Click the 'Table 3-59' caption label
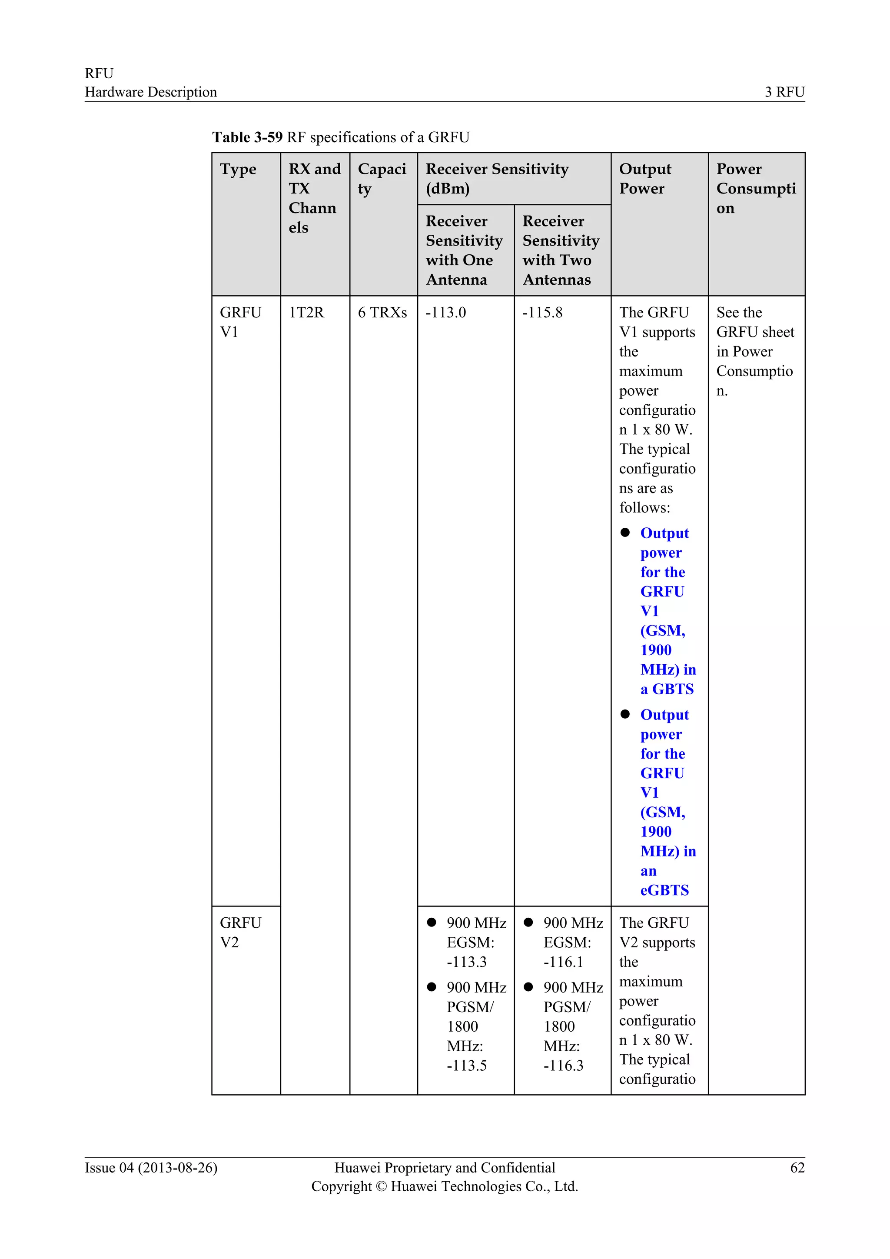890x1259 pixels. click(247, 137)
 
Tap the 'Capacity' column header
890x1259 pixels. click(382, 178)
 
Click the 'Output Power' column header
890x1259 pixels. click(645, 178)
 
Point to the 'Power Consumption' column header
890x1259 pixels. click(756, 188)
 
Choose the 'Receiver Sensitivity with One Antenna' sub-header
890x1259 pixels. click(464, 250)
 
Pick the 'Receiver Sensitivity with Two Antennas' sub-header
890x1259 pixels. click(561, 250)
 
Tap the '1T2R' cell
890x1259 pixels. click(306, 313)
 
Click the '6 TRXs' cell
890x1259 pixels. click(382, 313)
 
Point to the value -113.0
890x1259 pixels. click(445, 313)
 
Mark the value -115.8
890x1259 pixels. click(542, 313)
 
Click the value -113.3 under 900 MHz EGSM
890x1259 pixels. click(466, 962)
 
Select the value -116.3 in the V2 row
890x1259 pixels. click(563, 1066)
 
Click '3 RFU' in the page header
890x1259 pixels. click(784, 92)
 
